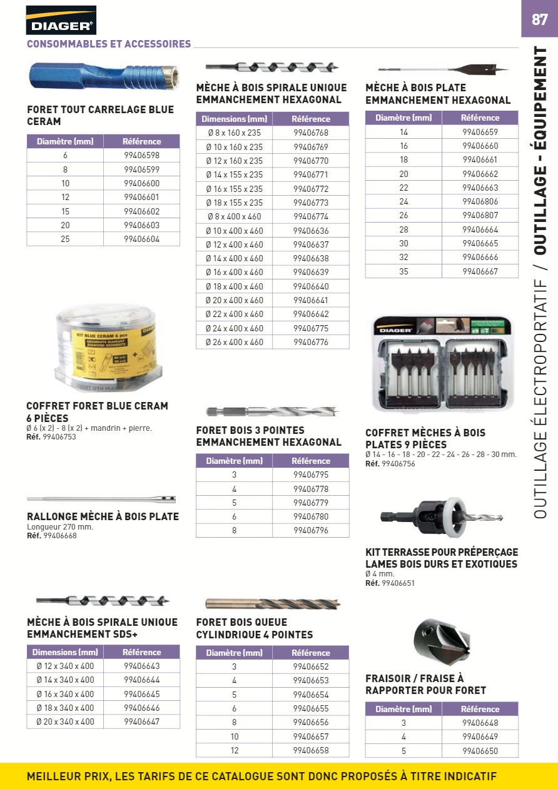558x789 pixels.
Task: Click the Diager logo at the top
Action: (61, 20)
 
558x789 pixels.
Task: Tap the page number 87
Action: (539, 19)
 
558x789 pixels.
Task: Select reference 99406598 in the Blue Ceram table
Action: (141, 156)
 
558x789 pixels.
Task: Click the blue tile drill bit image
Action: (103, 77)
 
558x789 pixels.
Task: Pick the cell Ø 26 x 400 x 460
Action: (235, 342)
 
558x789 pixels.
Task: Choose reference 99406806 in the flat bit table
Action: (480, 202)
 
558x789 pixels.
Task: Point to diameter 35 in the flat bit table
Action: (403, 271)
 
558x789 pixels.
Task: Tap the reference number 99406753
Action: (60, 437)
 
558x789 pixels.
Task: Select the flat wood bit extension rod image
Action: (101, 500)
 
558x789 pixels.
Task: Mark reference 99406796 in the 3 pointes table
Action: (311, 531)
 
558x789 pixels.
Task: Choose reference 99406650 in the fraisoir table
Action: (480, 751)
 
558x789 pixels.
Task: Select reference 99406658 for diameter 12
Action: (311, 750)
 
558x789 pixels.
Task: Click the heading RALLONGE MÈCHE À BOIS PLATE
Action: (103, 517)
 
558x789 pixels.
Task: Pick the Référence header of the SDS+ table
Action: (141, 652)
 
